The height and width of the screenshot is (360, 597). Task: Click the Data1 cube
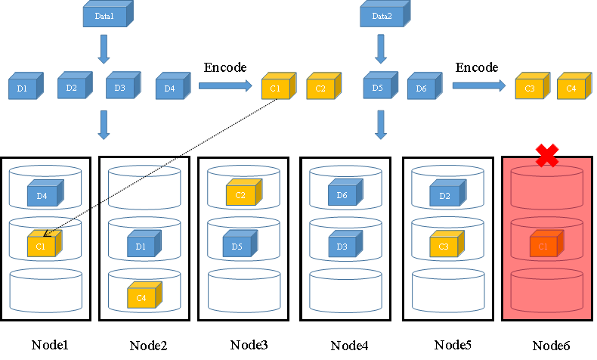104,14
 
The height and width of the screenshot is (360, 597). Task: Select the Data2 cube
382,14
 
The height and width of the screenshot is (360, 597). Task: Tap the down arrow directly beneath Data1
104,50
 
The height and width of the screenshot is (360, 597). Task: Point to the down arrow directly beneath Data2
381,50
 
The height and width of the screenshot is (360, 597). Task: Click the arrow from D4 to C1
224,85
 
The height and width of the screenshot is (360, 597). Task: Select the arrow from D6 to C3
478,85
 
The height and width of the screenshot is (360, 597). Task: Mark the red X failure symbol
547,151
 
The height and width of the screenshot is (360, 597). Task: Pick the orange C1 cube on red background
544,245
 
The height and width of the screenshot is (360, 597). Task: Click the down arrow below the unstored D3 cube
104,125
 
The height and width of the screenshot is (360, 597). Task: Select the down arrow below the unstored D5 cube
381,125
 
